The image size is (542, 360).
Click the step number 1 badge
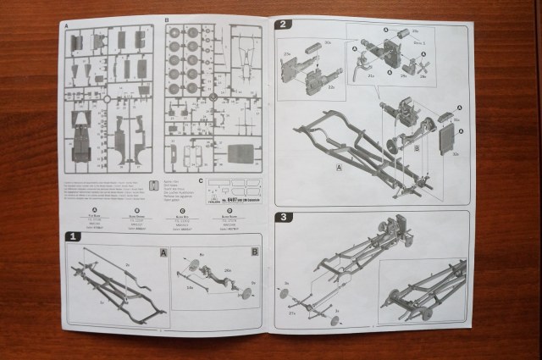(x=74, y=240)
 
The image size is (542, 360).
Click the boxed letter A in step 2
(x=339, y=168)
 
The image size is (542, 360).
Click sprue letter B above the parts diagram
(x=167, y=20)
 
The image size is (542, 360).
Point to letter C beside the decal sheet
(x=199, y=181)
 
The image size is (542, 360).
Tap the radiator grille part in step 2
(x=451, y=141)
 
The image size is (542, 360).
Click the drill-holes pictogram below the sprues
(x=153, y=186)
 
